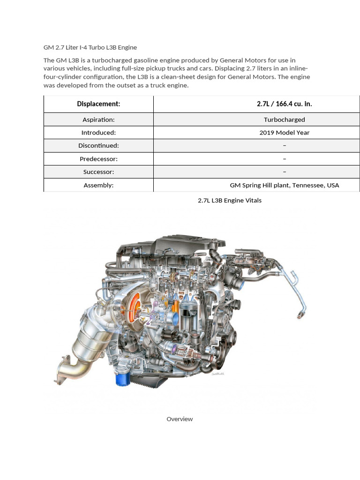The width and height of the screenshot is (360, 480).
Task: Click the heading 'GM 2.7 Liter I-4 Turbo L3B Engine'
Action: pos(90,47)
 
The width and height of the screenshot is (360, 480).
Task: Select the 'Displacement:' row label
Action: pos(98,104)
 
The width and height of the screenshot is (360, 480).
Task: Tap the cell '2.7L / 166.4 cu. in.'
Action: pos(284,104)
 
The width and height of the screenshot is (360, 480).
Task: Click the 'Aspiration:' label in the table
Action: pos(98,120)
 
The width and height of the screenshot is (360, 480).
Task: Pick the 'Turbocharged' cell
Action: pos(284,120)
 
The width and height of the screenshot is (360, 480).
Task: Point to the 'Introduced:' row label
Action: pos(98,133)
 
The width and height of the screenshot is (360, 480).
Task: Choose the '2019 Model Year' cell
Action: pos(284,133)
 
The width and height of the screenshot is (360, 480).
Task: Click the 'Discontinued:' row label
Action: pos(98,146)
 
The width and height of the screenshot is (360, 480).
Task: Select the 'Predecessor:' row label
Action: pos(98,159)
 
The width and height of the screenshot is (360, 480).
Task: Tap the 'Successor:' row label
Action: pos(98,172)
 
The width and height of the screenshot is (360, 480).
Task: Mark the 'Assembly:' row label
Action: pos(98,185)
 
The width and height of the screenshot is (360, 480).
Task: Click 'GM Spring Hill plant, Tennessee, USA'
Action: pos(284,185)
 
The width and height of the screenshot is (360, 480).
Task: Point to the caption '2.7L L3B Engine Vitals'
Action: pos(230,200)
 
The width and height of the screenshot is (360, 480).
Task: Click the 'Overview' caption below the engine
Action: pos(180,419)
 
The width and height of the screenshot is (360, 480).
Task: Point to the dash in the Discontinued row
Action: pos(285,146)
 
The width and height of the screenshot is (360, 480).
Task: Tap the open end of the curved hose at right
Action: pos(299,317)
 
